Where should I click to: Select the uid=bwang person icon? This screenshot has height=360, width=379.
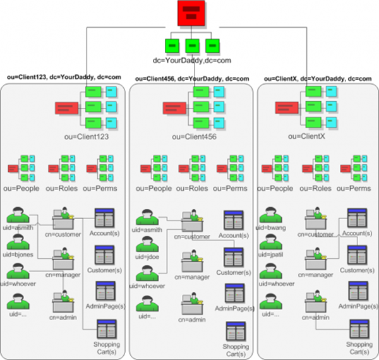(270, 214)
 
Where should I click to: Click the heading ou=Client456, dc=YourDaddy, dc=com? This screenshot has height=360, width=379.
(192, 78)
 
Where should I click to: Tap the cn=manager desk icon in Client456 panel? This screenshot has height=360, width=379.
(191, 261)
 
